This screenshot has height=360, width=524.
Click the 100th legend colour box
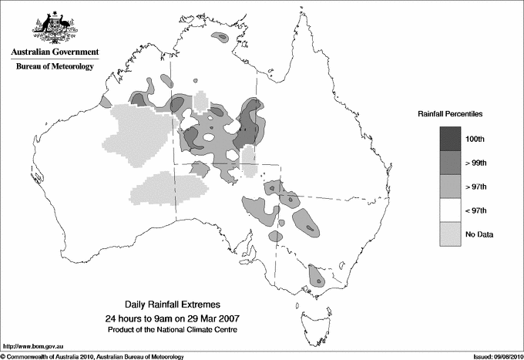[x=451, y=139]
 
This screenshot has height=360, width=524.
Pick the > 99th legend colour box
[x=451, y=163]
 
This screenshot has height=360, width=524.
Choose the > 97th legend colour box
[x=451, y=187]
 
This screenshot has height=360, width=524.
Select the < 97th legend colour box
[x=451, y=210]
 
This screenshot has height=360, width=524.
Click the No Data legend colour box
[x=451, y=234]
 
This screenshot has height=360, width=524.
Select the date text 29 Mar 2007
[x=209, y=318]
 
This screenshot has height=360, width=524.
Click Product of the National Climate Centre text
[x=170, y=330]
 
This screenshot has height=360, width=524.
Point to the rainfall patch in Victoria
[x=315, y=275]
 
